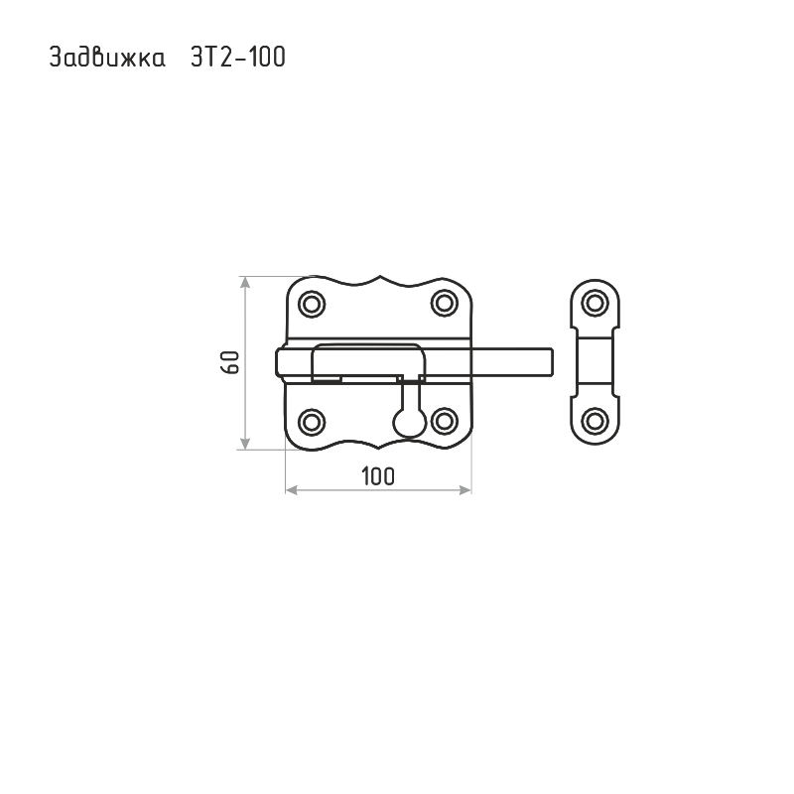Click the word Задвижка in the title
(x=107, y=57)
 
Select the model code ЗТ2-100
(x=238, y=57)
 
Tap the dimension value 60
(x=230, y=362)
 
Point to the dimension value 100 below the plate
(x=378, y=476)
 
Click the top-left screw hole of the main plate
(x=312, y=305)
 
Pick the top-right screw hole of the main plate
(x=444, y=304)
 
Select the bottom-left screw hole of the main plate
(x=312, y=422)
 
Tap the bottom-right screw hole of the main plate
(x=444, y=421)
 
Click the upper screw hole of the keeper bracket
(x=595, y=304)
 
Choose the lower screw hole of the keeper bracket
(x=595, y=421)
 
